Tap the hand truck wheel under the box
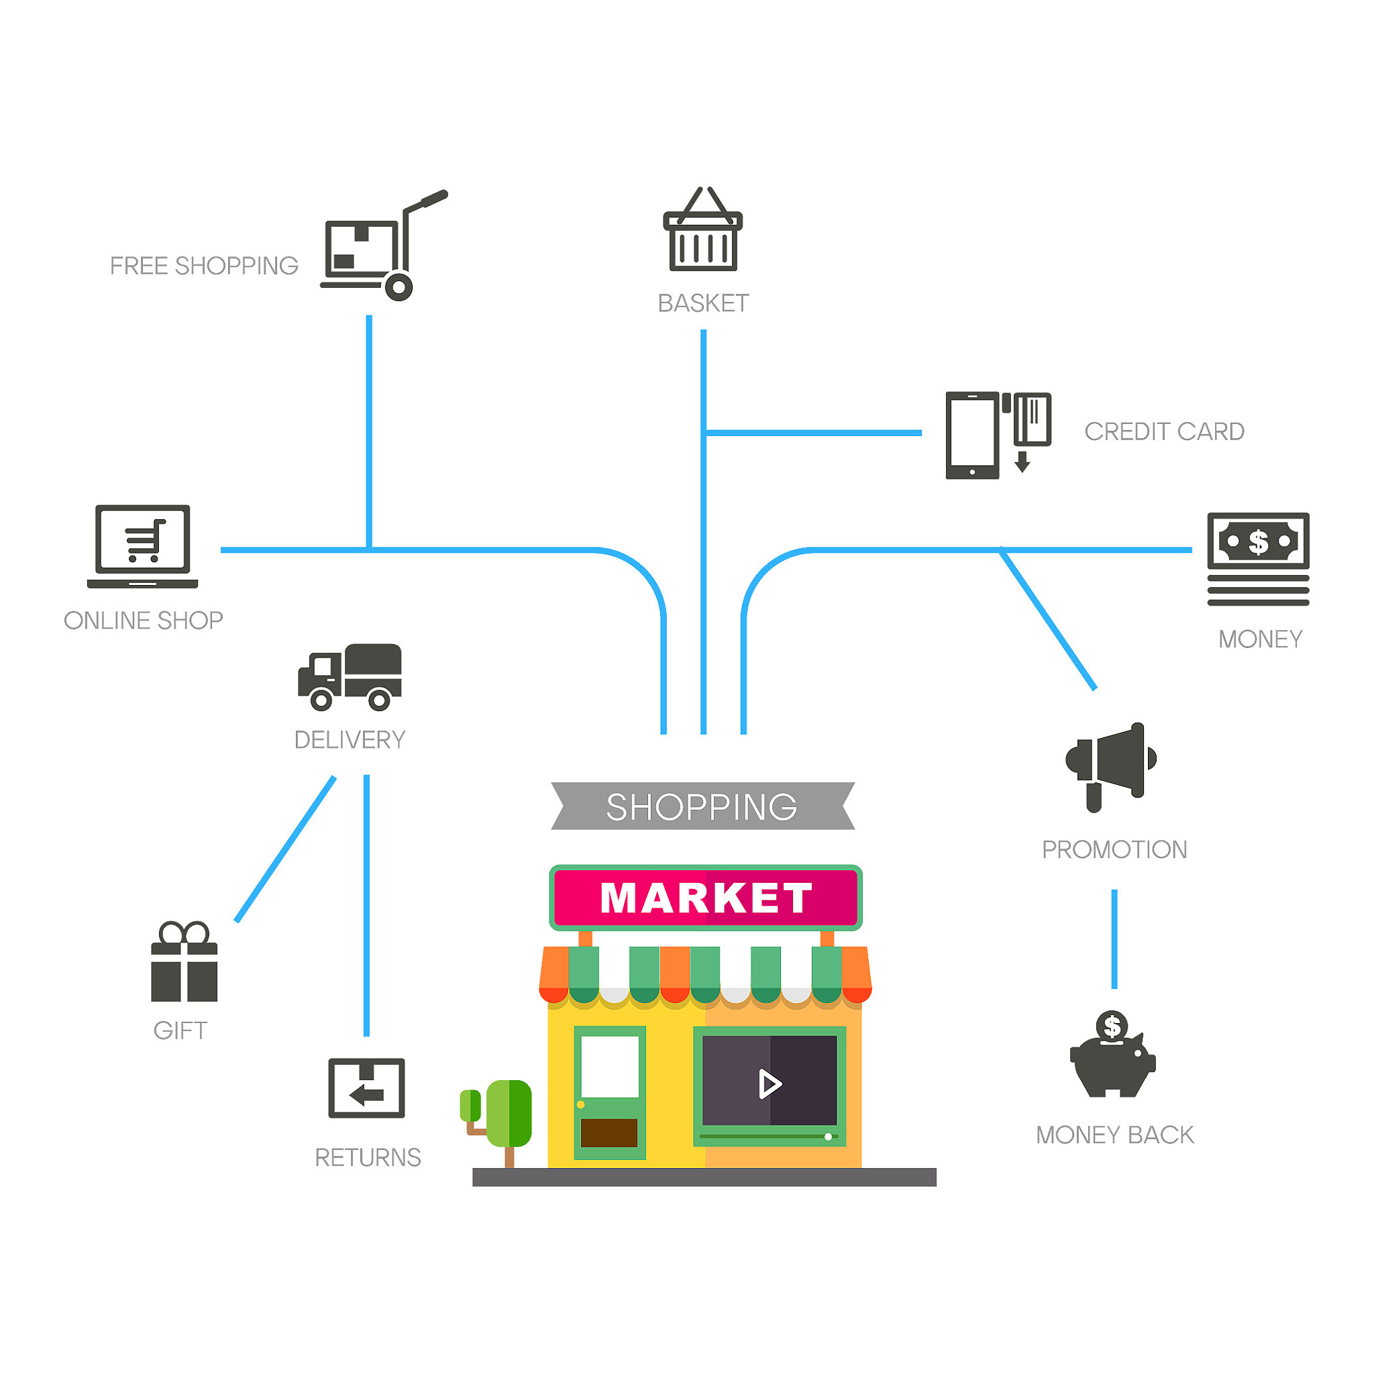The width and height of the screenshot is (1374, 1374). [x=399, y=287]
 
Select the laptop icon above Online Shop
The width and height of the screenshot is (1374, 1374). [x=142, y=546]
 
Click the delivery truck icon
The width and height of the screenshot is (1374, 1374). [x=349, y=677]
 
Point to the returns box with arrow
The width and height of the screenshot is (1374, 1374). [x=366, y=1088]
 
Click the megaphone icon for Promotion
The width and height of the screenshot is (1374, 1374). [x=1111, y=768]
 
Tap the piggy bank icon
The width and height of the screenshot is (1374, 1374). [x=1113, y=1053]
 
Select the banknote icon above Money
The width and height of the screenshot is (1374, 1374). [x=1258, y=559]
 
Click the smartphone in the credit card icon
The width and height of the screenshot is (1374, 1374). [x=972, y=435]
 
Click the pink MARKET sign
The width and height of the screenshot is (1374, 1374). [x=706, y=898]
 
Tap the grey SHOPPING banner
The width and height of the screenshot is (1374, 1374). [x=702, y=806]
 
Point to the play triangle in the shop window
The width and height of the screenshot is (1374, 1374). [x=770, y=1084]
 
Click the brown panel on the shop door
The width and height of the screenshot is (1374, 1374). [x=609, y=1133]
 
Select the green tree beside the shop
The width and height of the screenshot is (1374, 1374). [x=497, y=1121]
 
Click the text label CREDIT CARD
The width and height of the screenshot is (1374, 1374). [x=1164, y=431]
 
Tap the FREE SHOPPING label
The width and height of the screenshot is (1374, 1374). [x=204, y=266]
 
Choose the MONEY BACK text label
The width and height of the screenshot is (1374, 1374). [x=1114, y=1135]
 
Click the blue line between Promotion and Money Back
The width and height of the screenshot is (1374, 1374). [x=1114, y=939]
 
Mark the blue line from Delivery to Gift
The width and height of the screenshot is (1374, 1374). [x=285, y=849]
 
